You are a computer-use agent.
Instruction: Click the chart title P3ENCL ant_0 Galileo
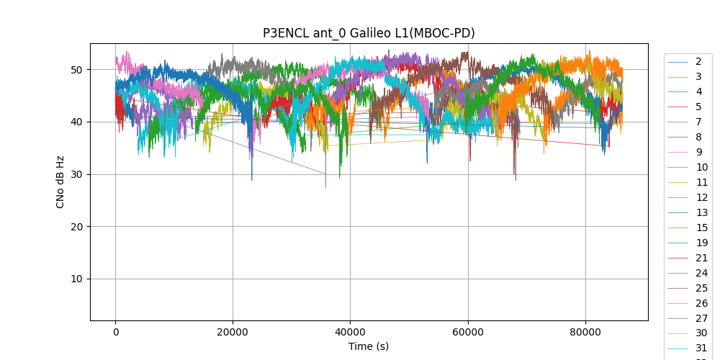point(368,33)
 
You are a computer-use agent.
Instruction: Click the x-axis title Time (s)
point(368,346)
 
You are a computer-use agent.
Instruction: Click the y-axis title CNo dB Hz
point(60,182)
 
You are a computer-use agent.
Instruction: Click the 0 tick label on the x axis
point(115,332)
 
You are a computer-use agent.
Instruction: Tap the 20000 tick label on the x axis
point(232,332)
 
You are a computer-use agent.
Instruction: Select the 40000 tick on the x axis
point(350,332)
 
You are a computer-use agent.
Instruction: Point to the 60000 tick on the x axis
point(467,332)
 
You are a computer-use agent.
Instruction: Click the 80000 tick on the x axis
point(585,332)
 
